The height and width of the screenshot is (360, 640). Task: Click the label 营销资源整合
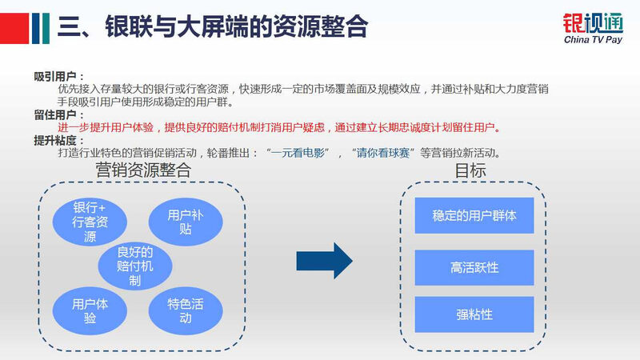click(x=143, y=170)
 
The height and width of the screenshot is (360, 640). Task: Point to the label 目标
click(x=470, y=170)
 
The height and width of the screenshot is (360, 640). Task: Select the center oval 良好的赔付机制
click(x=134, y=266)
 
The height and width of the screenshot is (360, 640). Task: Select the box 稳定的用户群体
click(x=474, y=215)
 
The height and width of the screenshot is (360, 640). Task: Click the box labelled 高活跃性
click(x=474, y=266)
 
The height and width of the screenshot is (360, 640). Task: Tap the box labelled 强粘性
click(x=474, y=314)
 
